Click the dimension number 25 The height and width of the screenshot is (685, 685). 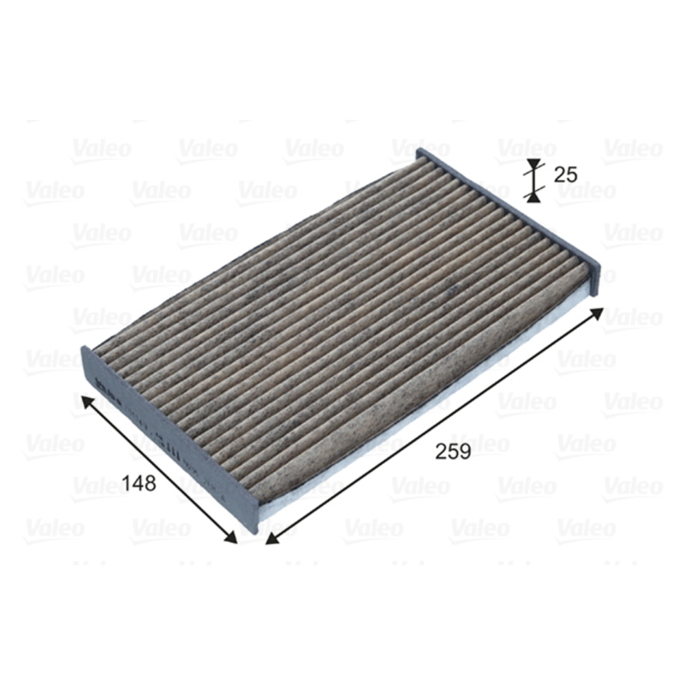pos(565,175)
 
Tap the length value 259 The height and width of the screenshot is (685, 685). pos(452,452)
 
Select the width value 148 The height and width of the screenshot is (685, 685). pos(138,484)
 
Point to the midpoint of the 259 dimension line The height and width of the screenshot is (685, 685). pos(435,426)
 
